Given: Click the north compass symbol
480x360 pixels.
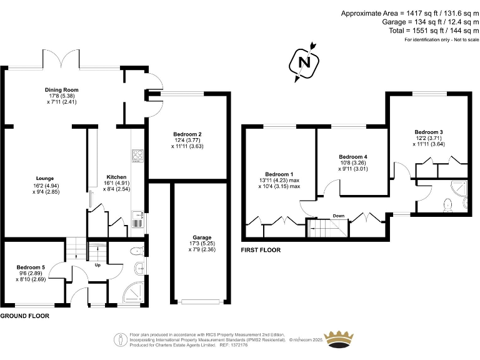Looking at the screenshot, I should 304,62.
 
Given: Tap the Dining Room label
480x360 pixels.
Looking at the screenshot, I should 61,90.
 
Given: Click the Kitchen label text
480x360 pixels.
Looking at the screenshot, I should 116,176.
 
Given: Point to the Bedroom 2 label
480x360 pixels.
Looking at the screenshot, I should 187,134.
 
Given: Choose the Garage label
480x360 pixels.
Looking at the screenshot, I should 201,237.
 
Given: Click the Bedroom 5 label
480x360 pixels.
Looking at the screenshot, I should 31,267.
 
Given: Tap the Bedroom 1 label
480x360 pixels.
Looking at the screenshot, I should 278,174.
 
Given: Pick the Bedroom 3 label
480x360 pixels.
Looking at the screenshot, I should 429,132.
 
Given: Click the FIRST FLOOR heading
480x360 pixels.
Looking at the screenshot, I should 261,250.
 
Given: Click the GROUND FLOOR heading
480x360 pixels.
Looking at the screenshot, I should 24,316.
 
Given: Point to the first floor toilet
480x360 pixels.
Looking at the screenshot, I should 446,204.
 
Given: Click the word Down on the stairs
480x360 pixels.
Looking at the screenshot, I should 338,216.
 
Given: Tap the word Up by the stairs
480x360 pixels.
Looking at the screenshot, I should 97,265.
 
